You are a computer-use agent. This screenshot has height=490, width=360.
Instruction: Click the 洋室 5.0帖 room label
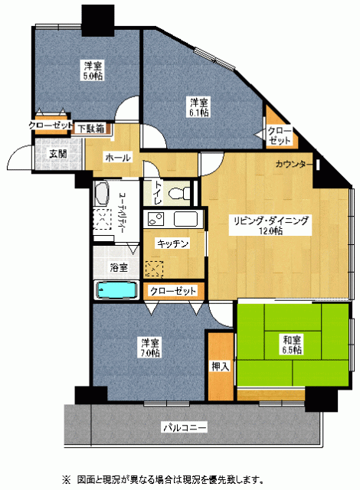point(93,70)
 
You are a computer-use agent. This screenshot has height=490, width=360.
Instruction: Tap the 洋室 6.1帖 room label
point(199,107)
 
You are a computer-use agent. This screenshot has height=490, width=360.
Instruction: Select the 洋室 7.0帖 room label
point(150,348)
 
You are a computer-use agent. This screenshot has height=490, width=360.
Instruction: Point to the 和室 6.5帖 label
point(292,345)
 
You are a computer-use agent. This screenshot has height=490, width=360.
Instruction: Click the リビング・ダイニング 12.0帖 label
point(270,225)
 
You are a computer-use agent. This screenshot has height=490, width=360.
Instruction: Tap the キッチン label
point(173,243)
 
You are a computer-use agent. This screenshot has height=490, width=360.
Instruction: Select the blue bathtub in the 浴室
point(116,290)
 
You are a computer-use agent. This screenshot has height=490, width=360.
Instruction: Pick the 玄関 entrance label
point(58,154)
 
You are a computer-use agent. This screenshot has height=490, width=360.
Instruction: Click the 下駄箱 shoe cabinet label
point(91,129)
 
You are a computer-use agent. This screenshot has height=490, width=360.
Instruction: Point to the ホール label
point(118,158)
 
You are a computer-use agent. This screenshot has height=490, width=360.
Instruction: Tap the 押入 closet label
point(221,366)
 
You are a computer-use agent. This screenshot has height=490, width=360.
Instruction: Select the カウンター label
point(294,164)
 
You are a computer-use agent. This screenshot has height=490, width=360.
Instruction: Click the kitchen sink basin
point(186,219)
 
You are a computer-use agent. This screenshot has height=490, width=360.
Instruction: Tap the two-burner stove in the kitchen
point(155,218)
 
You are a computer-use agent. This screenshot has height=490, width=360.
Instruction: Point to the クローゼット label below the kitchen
point(172,291)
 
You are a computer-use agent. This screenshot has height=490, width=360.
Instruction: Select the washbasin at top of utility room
point(102,194)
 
